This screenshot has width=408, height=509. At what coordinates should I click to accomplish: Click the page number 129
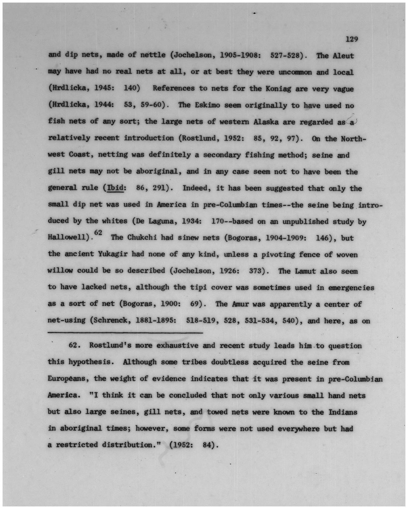point(352,39)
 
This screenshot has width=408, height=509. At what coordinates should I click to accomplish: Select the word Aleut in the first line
point(343,56)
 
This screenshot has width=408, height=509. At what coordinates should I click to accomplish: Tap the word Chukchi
point(142,238)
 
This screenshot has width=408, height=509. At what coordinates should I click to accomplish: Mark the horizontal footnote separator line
point(125,333)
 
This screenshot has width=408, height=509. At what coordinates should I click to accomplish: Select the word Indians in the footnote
point(343,412)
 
